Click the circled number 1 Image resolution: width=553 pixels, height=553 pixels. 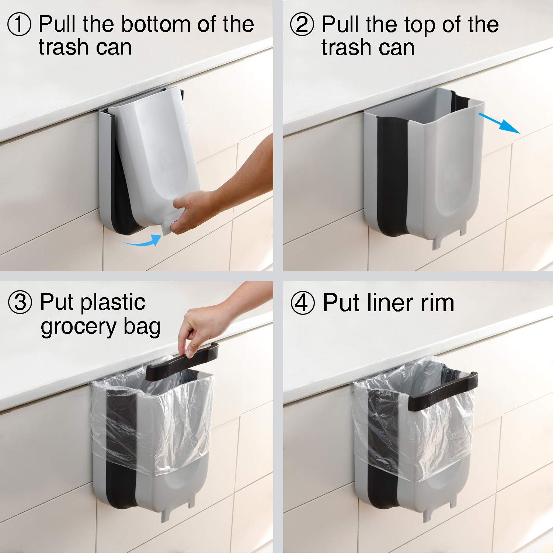[x=19, y=24]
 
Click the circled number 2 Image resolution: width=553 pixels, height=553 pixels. [x=302, y=24]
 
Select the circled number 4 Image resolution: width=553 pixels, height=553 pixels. [x=303, y=303]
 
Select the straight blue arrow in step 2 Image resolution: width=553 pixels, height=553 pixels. [x=500, y=124]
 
